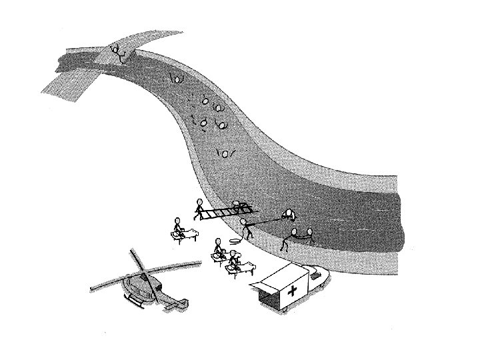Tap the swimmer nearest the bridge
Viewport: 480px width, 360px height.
tap(176, 77)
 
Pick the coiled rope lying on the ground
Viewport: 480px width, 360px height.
tap(235, 240)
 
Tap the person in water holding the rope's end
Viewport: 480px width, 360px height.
tap(289, 214)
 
